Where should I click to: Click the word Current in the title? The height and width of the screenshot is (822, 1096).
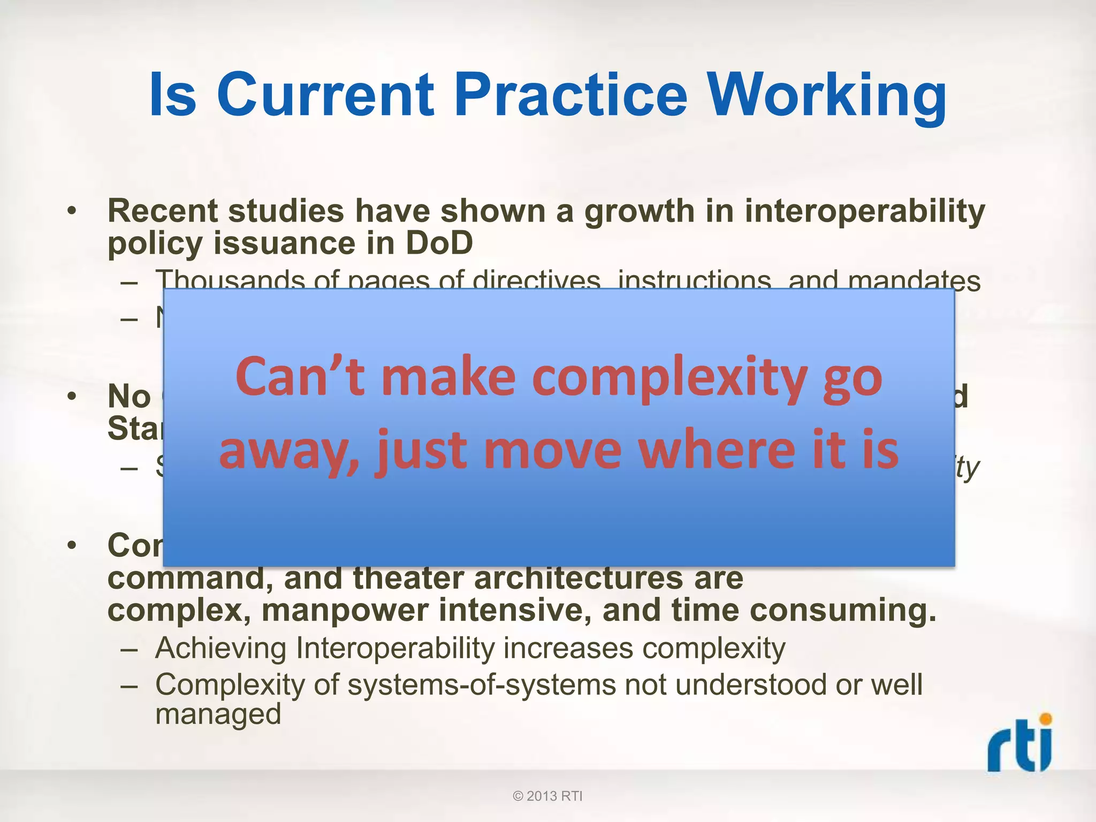[x=325, y=95]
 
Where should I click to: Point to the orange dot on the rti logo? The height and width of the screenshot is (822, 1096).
[x=1045, y=719]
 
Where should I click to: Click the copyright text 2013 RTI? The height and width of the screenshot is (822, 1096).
[x=547, y=796]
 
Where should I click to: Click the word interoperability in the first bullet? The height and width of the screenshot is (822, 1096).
[x=864, y=211]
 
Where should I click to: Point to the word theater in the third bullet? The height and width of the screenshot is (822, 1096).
[x=409, y=578]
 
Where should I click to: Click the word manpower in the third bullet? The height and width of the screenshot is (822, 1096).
[x=345, y=610]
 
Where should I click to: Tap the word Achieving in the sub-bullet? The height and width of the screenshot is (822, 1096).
[x=221, y=649]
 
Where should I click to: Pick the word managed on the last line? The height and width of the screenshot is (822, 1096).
[x=218, y=714]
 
